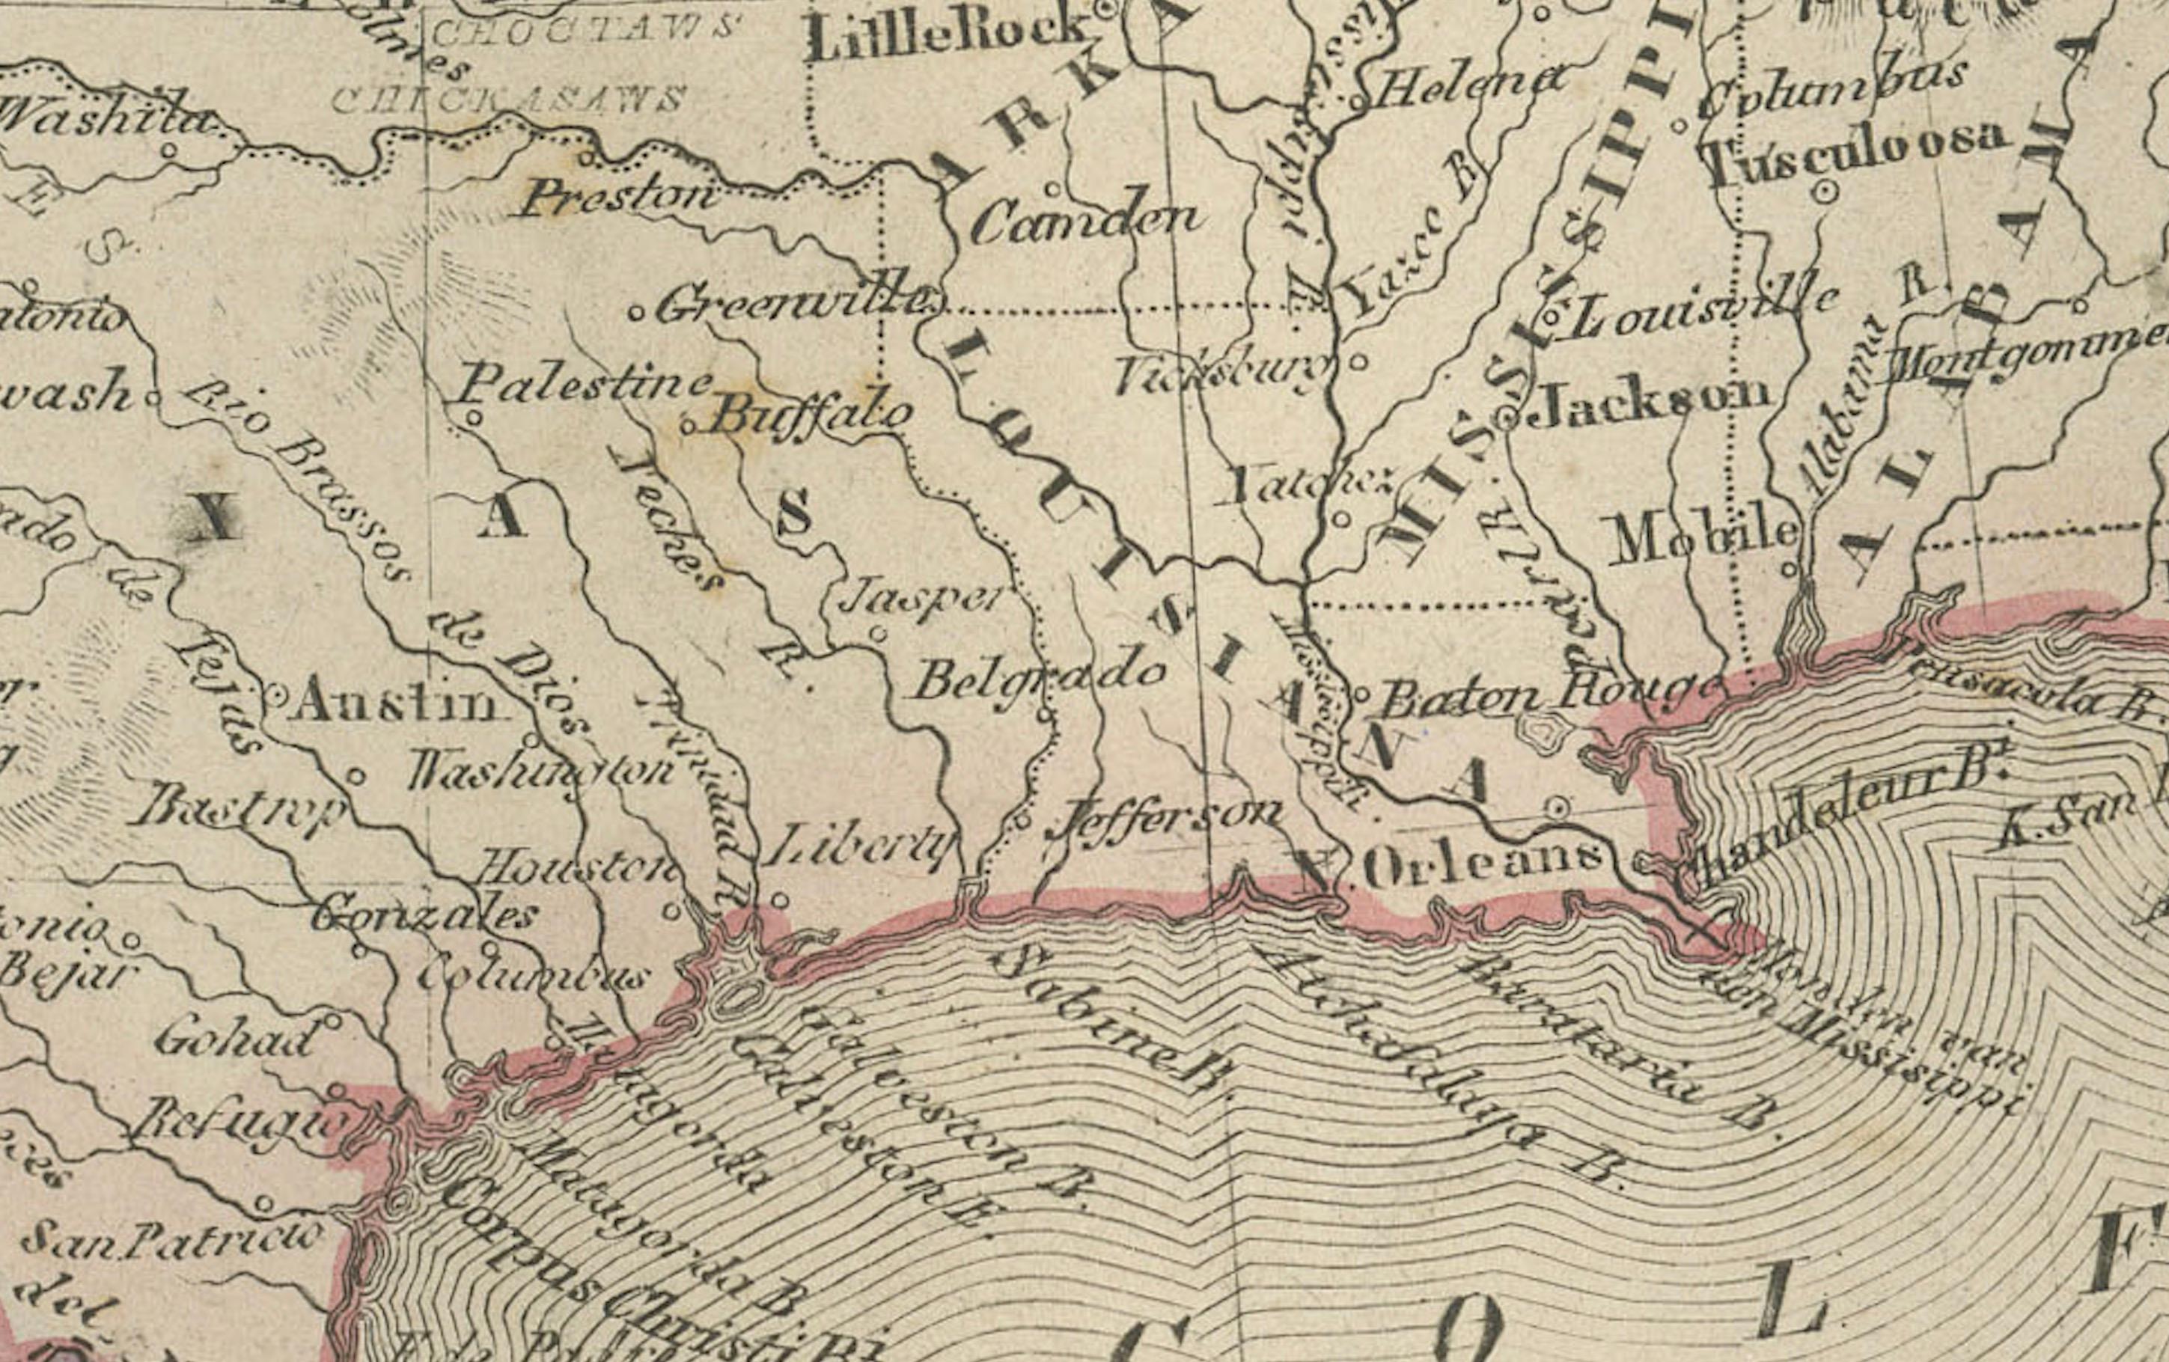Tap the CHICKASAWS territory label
(x=508, y=98)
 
